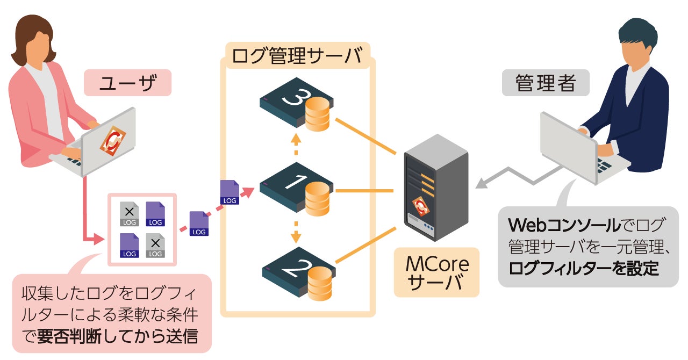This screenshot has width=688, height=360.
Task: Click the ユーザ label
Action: [x=127, y=83]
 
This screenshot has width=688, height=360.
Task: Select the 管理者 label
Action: [x=545, y=83]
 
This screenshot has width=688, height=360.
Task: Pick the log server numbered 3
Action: [x=296, y=105]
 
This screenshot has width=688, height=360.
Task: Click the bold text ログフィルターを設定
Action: [x=584, y=267]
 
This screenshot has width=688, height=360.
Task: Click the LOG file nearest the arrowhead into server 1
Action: [x=230, y=192]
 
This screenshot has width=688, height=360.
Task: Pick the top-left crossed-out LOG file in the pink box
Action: [x=130, y=214]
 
